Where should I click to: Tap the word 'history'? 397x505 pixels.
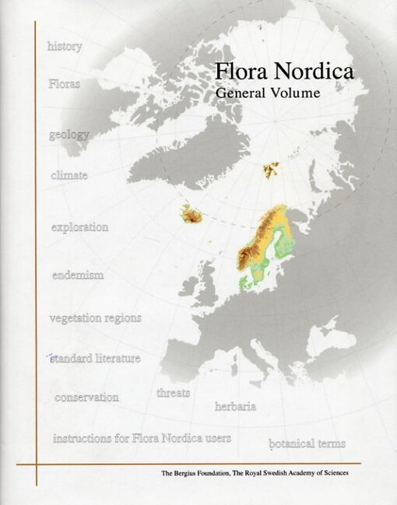tap(65, 46)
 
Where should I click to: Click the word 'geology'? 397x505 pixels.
tap(69, 134)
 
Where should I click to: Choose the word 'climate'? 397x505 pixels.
tap(69, 175)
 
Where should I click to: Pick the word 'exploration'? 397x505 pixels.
tap(79, 227)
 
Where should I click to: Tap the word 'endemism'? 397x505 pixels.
tap(77, 275)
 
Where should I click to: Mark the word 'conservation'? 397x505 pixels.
tap(86, 397)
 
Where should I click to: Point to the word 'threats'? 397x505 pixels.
tap(173, 392)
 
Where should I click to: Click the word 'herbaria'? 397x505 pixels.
tap(236, 406)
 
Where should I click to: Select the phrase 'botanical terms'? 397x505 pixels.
tap(307, 444)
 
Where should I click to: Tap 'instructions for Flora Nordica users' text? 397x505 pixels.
tap(142, 438)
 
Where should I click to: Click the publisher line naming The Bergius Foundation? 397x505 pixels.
tap(254, 472)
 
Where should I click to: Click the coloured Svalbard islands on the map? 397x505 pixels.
tap(273, 169)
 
